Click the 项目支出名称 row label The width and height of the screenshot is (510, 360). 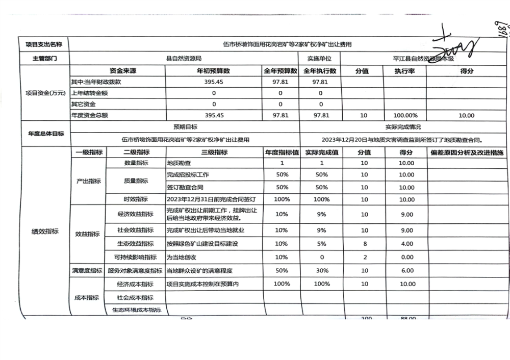point(43,45)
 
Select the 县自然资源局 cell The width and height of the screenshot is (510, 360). point(184,59)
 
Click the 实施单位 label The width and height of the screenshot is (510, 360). point(319,59)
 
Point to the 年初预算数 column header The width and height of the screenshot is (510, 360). point(213,71)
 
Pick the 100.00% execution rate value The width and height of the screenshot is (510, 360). point(405,116)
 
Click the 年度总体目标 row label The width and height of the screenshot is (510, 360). point(45,134)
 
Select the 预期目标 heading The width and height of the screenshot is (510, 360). point(185,127)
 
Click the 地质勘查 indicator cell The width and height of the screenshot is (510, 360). point(179,163)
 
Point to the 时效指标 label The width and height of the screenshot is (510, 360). point(136,199)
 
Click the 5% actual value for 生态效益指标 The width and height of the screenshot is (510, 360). point(321,244)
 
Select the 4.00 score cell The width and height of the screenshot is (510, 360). point(406,244)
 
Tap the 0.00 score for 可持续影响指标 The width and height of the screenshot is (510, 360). point(406,258)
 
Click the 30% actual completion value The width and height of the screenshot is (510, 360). point(321,270)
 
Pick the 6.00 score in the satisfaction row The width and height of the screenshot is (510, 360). point(406,270)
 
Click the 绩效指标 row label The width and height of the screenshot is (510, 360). point(45,232)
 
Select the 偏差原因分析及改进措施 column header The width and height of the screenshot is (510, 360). point(467,152)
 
